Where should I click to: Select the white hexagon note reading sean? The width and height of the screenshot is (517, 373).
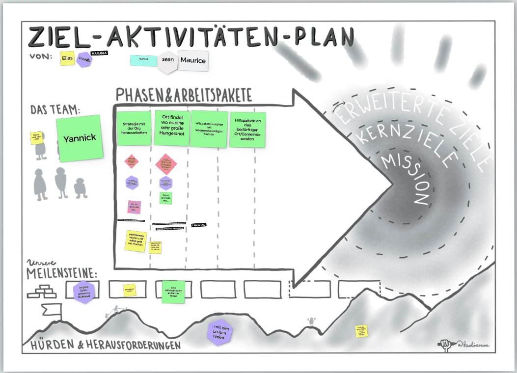167,60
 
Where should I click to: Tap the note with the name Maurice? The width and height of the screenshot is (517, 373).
193,60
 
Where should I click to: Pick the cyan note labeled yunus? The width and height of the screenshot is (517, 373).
143,60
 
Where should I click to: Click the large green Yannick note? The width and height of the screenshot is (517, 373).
80,137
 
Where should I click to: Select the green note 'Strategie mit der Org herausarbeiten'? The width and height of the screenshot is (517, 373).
132,129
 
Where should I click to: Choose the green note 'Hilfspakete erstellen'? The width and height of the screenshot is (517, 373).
210,129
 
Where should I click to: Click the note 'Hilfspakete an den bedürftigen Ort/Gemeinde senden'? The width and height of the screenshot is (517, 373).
247,129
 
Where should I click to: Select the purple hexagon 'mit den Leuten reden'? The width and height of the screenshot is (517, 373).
219,333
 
